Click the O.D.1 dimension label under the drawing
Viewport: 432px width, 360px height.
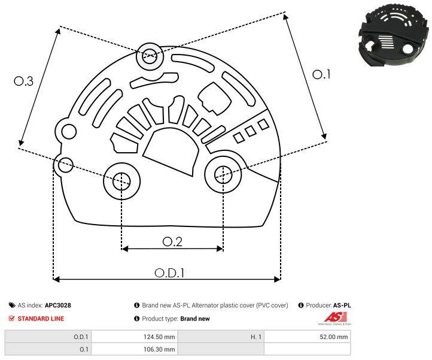click(x=169, y=272)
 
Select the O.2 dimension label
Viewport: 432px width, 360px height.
click(x=172, y=241)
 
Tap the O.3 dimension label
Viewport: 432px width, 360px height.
click(x=23, y=82)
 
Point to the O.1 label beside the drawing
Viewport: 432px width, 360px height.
click(x=322, y=74)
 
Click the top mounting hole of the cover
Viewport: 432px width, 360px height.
click(x=148, y=58)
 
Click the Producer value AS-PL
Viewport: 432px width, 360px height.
click(x=342, y=305)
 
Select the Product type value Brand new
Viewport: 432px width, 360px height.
click(x=195, y=319)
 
